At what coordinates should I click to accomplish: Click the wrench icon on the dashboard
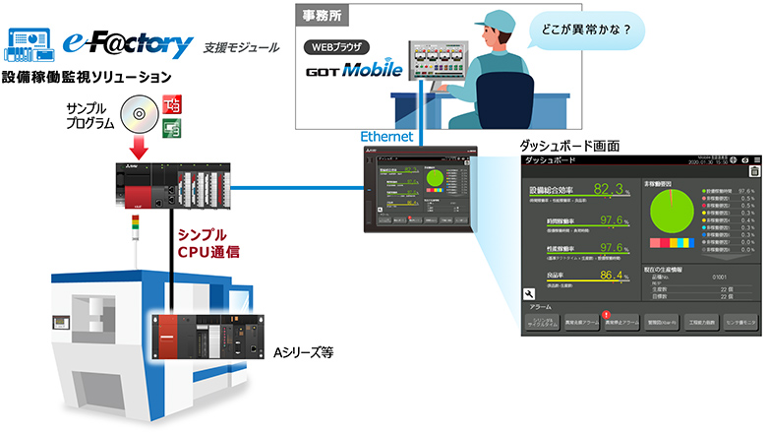point(528,292)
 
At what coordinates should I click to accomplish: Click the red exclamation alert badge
point(606,313)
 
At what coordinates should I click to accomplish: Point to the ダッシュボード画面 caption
point(569,145)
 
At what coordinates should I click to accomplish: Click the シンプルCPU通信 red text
point(209,243)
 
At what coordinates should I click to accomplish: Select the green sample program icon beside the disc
point(170,125)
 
